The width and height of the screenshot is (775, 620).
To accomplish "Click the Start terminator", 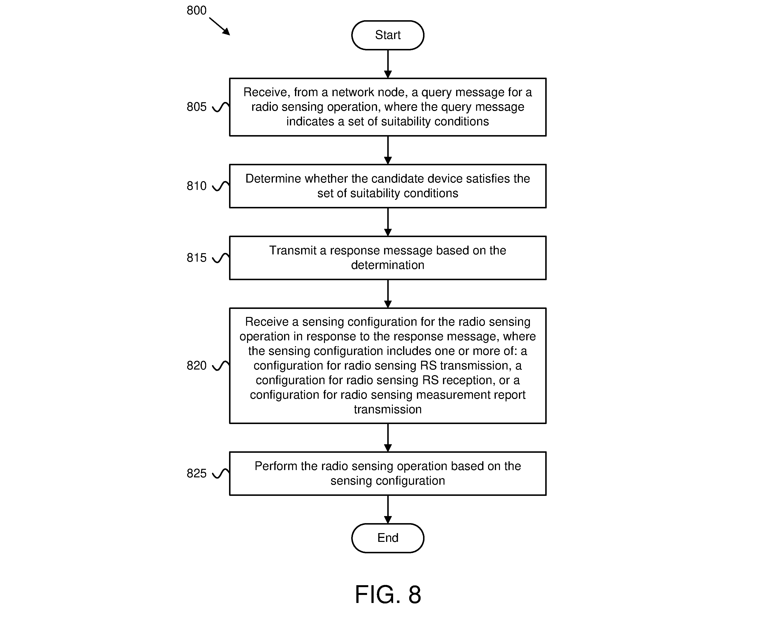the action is tap(387, 35).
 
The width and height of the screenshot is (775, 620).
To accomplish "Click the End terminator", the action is tap(387, 538).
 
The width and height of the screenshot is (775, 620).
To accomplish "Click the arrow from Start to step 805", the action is tap(388, 64).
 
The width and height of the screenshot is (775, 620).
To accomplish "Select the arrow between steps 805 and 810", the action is tap(388, 150).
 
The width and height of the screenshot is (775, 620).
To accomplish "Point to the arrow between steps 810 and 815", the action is tap(388, 222).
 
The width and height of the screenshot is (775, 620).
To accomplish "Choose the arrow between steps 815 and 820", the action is tap(388, 294).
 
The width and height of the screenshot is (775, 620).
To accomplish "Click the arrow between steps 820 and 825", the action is tap(388, 438).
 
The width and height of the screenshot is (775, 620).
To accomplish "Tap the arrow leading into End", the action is tap(388, 510).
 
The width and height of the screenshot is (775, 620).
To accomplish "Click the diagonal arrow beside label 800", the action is tap(220, 27).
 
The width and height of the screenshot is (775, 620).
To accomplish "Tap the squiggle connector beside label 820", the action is tap(221, 366).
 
